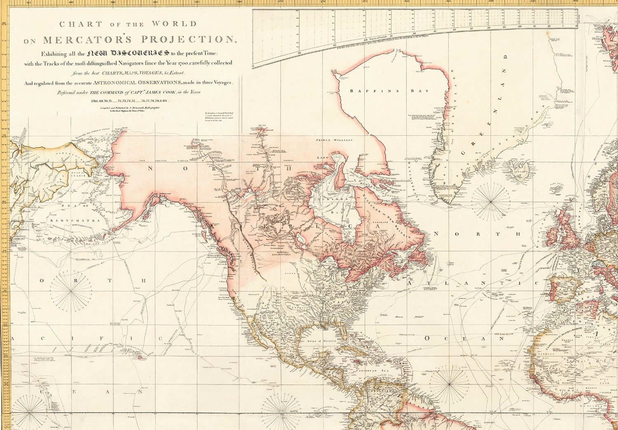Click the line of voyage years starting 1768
(x=130, y=101)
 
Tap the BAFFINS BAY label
(x=389, y=91)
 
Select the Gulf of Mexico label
(x=316, y=341)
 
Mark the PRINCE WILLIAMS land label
(x=334, y=140)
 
